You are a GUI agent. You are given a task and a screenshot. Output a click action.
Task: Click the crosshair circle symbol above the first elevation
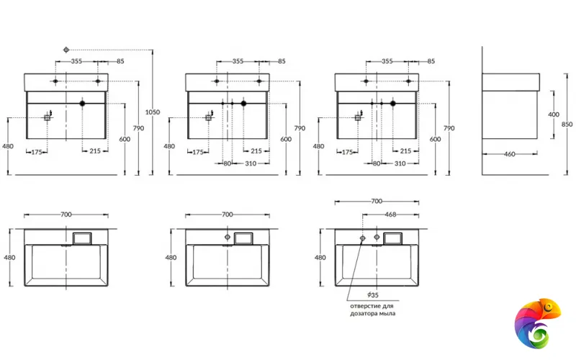click(66, 50)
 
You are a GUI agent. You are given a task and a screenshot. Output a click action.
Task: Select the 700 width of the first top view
click(66, 215)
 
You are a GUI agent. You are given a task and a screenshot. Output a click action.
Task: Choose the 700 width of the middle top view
click(227, 215)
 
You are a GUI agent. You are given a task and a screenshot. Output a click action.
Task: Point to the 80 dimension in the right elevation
click(376, 163)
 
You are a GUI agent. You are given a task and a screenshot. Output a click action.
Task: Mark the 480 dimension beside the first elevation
click(8, 145)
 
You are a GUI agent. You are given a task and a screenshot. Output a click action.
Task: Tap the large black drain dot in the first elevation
click(83, 104)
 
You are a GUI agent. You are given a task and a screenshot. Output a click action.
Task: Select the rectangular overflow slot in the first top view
click(83, 238)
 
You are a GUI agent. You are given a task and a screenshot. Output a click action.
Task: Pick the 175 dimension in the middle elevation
click(197, 151)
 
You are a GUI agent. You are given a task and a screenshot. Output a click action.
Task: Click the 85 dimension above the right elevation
click(431, 61)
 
